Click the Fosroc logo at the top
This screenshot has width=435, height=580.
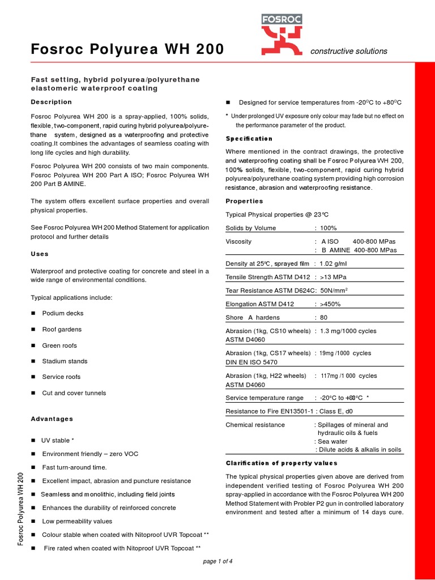(x=282, y=37)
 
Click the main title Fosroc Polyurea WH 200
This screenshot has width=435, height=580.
(x=127, y=50)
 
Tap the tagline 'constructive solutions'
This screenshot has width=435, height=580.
(x=349, y=51)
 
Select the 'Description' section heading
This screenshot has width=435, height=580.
(x=51, y=102)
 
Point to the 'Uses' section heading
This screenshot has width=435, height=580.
(x=40, y=254)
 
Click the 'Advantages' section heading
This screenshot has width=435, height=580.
(x=52, y=419)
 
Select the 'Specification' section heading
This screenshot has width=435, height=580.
(x=249, y=139)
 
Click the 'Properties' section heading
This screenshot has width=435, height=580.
(x=244, y=201)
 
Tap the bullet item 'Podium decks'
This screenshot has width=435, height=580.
(x=62, y=313)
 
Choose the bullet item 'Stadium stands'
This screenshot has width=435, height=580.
(x=65, y=361)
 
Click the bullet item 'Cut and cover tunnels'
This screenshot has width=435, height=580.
(x=74, y=393)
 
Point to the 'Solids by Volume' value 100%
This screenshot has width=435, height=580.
(x=328, y=228)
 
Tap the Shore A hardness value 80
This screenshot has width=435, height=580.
(x=323, y=318)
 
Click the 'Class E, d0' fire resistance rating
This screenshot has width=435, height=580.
(x=340, y=411)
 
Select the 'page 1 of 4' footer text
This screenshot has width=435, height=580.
(x=217, y=561)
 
